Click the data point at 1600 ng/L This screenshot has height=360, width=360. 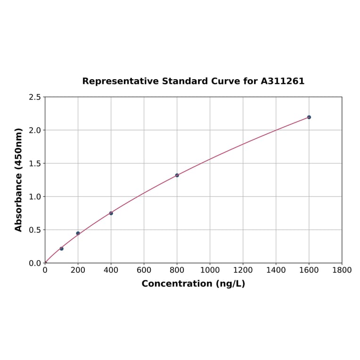tap(309, 117)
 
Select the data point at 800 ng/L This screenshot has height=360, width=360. tap(177, 175)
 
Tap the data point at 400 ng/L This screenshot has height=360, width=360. tap(111, 213)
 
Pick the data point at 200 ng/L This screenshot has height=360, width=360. tap(78, 233)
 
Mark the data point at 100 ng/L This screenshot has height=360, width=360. tap(61, 248)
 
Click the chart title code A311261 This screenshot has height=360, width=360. tap(282, 81)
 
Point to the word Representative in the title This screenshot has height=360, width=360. tap(120, 81)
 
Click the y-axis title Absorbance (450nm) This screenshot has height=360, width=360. tap(19, 180)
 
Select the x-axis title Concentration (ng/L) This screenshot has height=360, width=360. tap(193, 284)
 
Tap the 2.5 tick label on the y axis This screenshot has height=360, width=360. tap(35, 97)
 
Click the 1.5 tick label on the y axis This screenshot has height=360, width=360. tap(35, 164)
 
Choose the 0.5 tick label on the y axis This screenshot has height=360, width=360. tap(35, 230)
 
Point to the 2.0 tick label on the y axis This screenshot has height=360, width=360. tap(35, 130)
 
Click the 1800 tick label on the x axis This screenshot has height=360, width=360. tap(342, 270)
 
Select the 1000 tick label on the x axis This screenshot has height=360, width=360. tap(210, 270)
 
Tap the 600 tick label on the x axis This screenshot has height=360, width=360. tap(144, 270)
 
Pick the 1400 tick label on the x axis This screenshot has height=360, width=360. tap(276, 270)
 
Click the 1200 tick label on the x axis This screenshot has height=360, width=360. tap(243, 270)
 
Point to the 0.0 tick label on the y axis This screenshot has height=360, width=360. tap(35, 263)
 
